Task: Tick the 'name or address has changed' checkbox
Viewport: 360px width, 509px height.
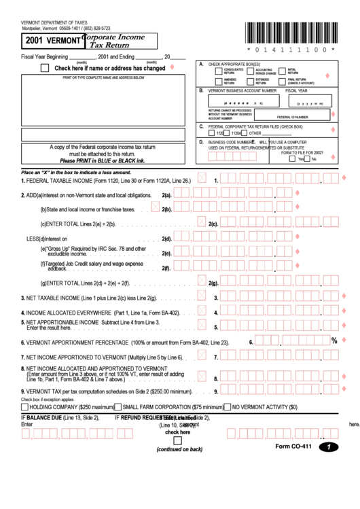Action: click(45, 68)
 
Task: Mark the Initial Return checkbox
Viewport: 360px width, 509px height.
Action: click(281, 71)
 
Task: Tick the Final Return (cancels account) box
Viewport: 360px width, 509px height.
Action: click(281, 81)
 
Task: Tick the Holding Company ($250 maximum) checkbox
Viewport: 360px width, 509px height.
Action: click(24, 407)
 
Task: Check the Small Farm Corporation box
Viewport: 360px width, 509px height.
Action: click(118, 407)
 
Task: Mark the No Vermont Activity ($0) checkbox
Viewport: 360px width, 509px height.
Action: click(228, 407)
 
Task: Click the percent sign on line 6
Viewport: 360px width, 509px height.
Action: click(334, 340)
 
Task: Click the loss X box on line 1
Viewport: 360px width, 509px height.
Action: click(202, 180)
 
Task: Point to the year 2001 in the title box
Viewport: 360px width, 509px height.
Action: click(35, 41)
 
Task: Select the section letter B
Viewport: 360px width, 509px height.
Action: click(201, 90)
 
